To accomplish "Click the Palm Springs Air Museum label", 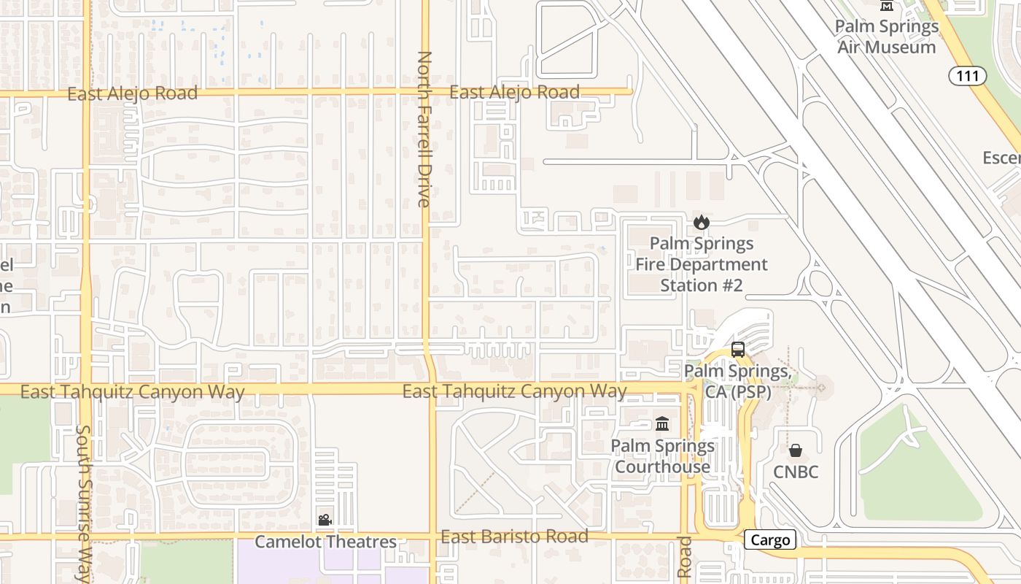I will [886, 36].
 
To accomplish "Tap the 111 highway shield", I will [968, 75].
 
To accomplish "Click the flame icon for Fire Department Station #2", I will [702, 222].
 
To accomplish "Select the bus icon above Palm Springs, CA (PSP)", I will [738, 349].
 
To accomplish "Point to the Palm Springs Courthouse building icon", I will [662, 423].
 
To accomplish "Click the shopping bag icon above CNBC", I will [796, 450].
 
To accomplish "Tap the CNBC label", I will [796, 472].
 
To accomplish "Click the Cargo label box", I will [770, 540].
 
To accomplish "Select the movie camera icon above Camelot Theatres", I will [325, 520].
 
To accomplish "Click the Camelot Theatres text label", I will [325, 542].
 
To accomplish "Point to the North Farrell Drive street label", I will [424, 129].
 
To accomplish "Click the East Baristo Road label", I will [514, 537].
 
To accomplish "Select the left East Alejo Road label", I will [133, 93].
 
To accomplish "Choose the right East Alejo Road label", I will [514, 93].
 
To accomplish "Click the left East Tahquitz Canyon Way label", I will [132, 392].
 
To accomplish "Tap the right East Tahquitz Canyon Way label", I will [514, 391].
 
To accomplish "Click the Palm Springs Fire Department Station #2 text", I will [702, 264].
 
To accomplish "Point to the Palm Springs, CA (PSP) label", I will [737, 381].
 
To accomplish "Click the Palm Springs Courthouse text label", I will [662, 456].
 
